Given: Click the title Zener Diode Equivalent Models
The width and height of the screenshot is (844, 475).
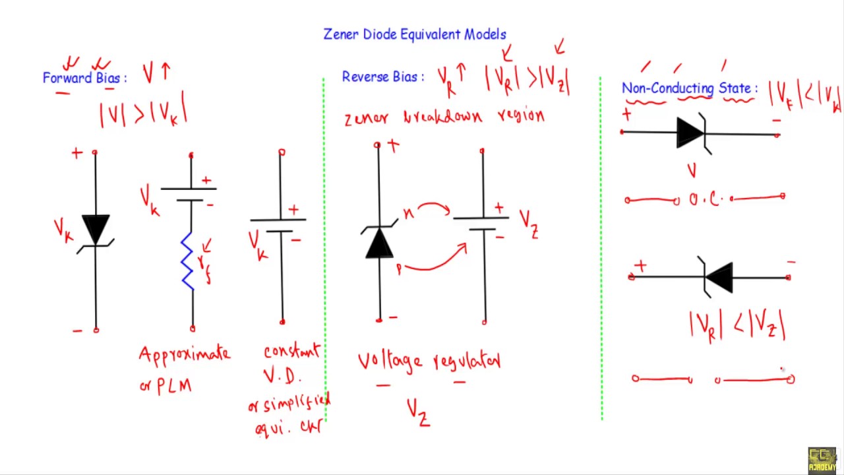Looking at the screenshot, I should (x=415, y=34).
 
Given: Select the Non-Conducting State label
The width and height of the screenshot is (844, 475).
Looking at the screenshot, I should (x=689, y=88).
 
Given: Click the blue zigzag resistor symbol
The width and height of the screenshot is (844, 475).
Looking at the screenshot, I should (x=188, y=261).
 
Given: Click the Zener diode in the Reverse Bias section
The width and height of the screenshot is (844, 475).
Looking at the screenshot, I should (x=379, y=241).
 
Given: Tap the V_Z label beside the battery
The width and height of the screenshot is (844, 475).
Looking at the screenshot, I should (x=529, y=223).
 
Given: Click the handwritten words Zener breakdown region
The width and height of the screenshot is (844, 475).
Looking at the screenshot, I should (x=444, y=117).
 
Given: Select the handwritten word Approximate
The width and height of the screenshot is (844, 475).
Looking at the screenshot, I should (x=185, y=354).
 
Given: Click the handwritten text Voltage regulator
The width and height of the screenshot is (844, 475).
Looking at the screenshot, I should (x=429, y=361).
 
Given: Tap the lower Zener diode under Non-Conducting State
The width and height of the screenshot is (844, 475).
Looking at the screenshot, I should (x=718, y=277).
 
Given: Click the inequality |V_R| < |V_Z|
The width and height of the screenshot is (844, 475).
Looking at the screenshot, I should (x=737, y=326).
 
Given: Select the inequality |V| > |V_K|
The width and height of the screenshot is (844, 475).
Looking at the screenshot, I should (x=143, y=112).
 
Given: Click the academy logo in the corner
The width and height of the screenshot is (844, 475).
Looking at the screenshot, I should (x=822, y=460).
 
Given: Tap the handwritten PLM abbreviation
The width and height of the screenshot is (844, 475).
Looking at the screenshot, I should (x=174, y=386).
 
